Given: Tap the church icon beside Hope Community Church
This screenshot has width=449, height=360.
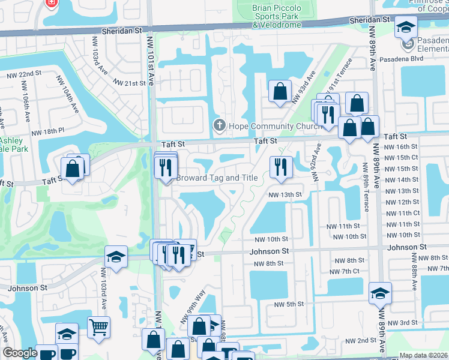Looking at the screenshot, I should (x=220, y=126).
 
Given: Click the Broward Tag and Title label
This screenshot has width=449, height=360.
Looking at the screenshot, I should (x=217, y=178).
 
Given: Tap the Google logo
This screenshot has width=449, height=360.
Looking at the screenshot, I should (x=20, y=353).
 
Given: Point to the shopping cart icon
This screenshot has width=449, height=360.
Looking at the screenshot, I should (x=99, y=328).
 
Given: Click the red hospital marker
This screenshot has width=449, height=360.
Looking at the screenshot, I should (x=52, y=2).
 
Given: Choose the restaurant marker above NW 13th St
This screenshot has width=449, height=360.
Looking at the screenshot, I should (x=280, y=167).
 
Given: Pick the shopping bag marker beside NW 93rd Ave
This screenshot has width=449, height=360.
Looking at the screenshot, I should (x=280, y=92).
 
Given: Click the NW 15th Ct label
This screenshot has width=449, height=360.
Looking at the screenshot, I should (x=401, y=158).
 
